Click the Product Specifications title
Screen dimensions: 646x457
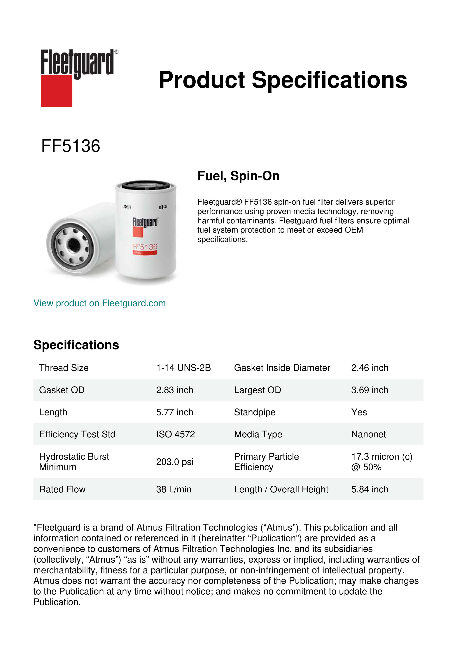click(x=283, y=80)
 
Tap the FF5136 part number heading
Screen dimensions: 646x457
click(x=71, y=146)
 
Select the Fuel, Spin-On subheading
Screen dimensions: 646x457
click(x=238, y=176)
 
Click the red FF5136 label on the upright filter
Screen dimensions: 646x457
click(x=145, y=247)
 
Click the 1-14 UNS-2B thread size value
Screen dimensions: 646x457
click(x=183, y=368)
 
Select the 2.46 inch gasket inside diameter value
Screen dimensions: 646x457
click(x=370, y=368)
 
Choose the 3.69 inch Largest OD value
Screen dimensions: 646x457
click(x=370, y=390)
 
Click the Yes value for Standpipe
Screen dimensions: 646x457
click(x=359, y=412)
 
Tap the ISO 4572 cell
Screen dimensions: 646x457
click(x=176, y=434)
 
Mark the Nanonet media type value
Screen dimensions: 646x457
click(x=368, y=434)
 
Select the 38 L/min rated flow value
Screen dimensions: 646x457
click(x=174, y=489)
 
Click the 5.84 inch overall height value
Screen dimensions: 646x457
click(x=370, y=489)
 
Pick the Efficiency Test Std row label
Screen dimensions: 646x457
click(x=77, y=434)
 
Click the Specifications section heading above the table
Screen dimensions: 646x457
click(x=76, y=345)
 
